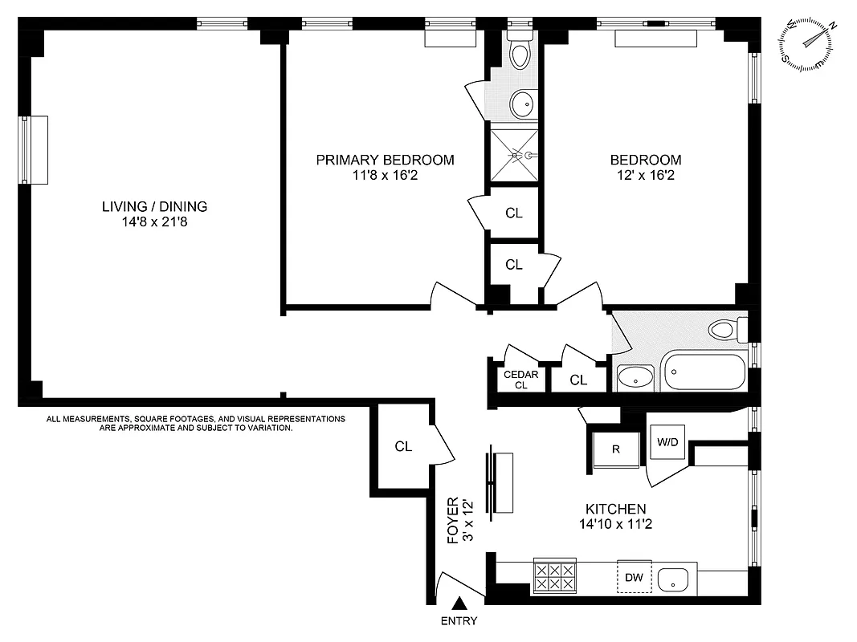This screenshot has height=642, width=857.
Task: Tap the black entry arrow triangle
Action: (x=459, y=603)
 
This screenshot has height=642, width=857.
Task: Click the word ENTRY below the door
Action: (x=459, y=621)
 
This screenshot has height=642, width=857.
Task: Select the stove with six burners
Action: (x=554, y=577)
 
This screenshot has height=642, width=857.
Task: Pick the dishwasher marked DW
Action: (x=634, y=577)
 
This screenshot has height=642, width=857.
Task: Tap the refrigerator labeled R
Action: (x=615, y=449)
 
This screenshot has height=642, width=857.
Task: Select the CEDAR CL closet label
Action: (x=520, y=380)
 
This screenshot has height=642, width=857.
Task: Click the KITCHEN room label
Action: (x=615, y=509)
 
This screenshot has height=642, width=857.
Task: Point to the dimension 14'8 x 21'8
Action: (x=154, y=221)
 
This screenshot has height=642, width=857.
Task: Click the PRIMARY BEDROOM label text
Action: (x=385, y=160)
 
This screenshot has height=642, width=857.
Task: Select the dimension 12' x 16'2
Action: (x=646, y=175)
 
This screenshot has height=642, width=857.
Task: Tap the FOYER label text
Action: (x=453, y=521)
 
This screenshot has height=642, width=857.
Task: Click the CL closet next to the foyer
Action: (x=403, y=447)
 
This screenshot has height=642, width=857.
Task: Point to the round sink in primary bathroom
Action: (x=522, y=103)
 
